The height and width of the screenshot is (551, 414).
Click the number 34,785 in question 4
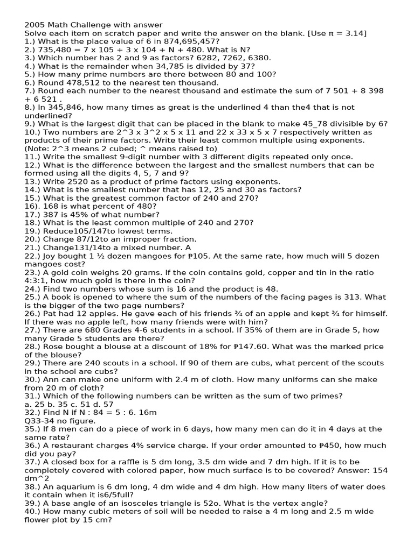(150, 66)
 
